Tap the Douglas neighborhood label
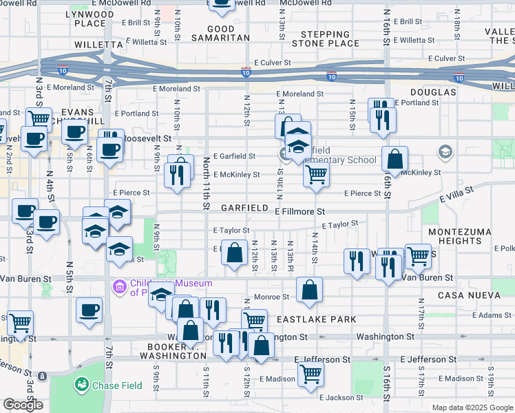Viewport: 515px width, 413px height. click(x=434, y=92)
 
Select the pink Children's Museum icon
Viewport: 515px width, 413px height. click(x=119, y=286)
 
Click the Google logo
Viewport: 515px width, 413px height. click(x=23, y=405)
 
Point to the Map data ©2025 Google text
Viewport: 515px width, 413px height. click(x=472, y=407)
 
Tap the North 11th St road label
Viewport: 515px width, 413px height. click(x=206, y=182)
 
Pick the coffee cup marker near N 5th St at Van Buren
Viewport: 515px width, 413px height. click(x=89, y=309)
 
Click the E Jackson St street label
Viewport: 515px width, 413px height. click(x=341, y=397)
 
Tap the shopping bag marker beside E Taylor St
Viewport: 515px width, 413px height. click(x=235, y=251)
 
